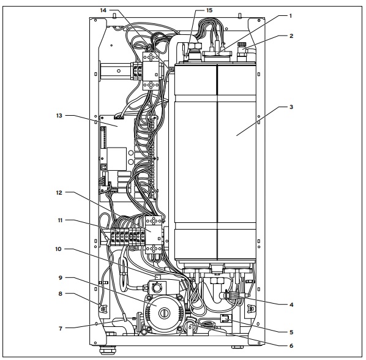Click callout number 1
[290, 16]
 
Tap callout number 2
[291, 36]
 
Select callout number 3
[291, 107]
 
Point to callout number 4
[291, 304]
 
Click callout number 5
[291, 332]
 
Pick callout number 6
[291, 345]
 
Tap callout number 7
[61, 329]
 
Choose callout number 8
[61, 294]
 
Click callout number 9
[61, 278]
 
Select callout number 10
[58, 249]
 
